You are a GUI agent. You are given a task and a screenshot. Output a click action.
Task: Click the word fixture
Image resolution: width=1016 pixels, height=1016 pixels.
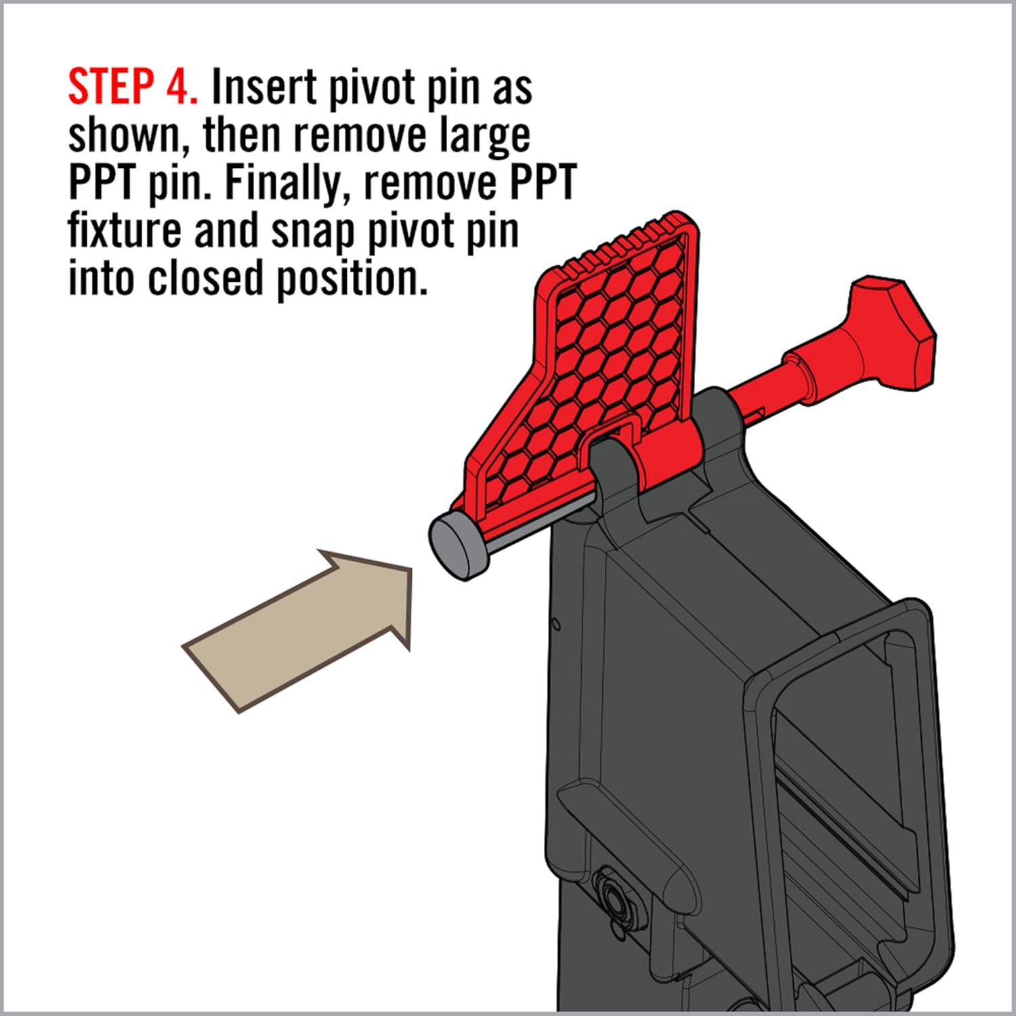click(125, 230)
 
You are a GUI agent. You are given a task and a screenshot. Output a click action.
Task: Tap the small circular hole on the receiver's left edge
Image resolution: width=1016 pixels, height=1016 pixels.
click(555, 623)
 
